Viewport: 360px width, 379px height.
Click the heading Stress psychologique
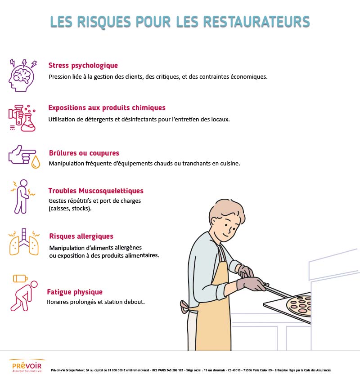(x=83, y=66)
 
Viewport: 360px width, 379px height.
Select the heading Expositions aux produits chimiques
(x=107, y=108)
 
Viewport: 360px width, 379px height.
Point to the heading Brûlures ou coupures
(x=84, y=153)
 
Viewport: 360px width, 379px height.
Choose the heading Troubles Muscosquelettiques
(x=96, y=191)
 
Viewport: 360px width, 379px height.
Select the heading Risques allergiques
(x=81, y=236)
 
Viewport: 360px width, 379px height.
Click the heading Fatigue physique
(x=75, y=292)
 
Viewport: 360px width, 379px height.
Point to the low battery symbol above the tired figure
(x=20, y=278)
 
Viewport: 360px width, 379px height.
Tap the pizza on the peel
(x=300, y=305)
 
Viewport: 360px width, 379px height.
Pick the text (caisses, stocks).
(x=70, y=209)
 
